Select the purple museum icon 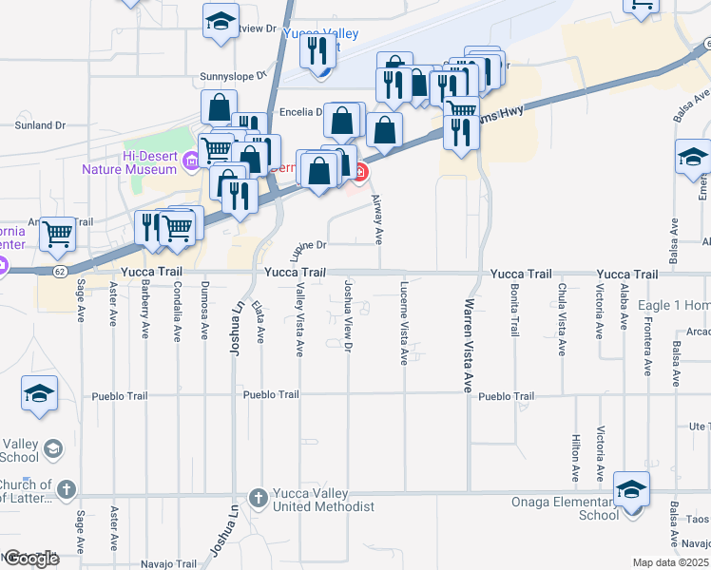191,162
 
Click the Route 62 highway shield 60,271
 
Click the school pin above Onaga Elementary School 631,489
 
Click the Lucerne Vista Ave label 404,323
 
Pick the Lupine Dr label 308,244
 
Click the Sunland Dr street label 40,124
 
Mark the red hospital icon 361,171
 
